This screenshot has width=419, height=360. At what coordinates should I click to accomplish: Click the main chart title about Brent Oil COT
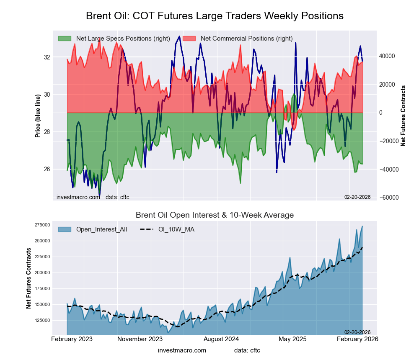click(215, 16)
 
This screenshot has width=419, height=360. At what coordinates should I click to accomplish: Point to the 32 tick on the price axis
click(47, 57)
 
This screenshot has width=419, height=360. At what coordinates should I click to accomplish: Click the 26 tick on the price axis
click(47, 169)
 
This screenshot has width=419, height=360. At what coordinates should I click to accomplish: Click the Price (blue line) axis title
click(38, 116)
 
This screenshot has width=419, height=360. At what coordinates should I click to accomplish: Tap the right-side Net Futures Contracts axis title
click(403, 116)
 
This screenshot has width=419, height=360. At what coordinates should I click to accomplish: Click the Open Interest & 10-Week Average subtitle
click(215, 215)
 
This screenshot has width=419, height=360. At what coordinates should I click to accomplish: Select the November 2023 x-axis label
click(140, 339)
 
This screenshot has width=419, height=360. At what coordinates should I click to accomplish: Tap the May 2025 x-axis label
click(292, 339)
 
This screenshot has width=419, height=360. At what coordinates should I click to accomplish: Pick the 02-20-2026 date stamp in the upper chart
click(357, 197)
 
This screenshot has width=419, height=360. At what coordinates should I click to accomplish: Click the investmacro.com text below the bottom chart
click(182, 350)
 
